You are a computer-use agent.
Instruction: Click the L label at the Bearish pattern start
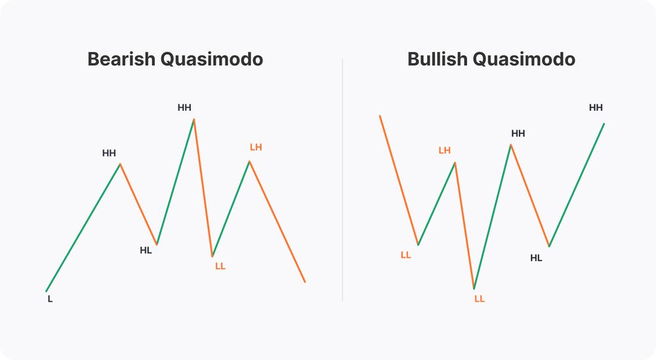tap(50, 299)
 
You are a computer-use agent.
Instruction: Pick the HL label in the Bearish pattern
tap(146, 250)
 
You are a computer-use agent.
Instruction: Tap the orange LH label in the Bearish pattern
tap(256, 147)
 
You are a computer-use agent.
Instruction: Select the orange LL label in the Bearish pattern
tap(220, 266)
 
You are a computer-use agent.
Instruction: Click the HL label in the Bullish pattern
tap(536, 258)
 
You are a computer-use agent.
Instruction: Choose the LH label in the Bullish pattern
tap(444, 150)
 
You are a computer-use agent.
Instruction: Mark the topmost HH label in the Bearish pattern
tap(184, 108)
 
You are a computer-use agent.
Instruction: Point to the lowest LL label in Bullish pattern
tap(480, 298)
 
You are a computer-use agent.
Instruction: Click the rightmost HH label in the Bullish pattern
tap(596, 108)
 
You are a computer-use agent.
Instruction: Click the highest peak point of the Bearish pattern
tap(194, 119)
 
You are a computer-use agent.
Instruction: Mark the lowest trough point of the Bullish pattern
tap(474, 289)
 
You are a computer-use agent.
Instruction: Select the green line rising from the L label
tap(83, 227)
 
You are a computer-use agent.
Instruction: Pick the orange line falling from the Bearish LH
tap(277, 222)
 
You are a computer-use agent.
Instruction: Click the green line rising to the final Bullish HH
tap(577, 184)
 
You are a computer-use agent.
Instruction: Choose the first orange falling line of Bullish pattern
tap(399, 180)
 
